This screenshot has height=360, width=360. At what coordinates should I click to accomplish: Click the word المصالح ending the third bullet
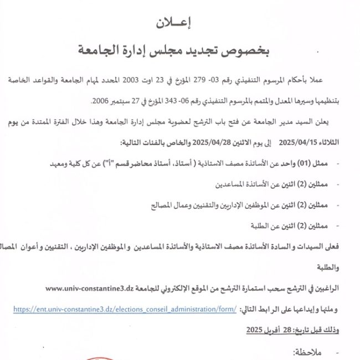[163, 205]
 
